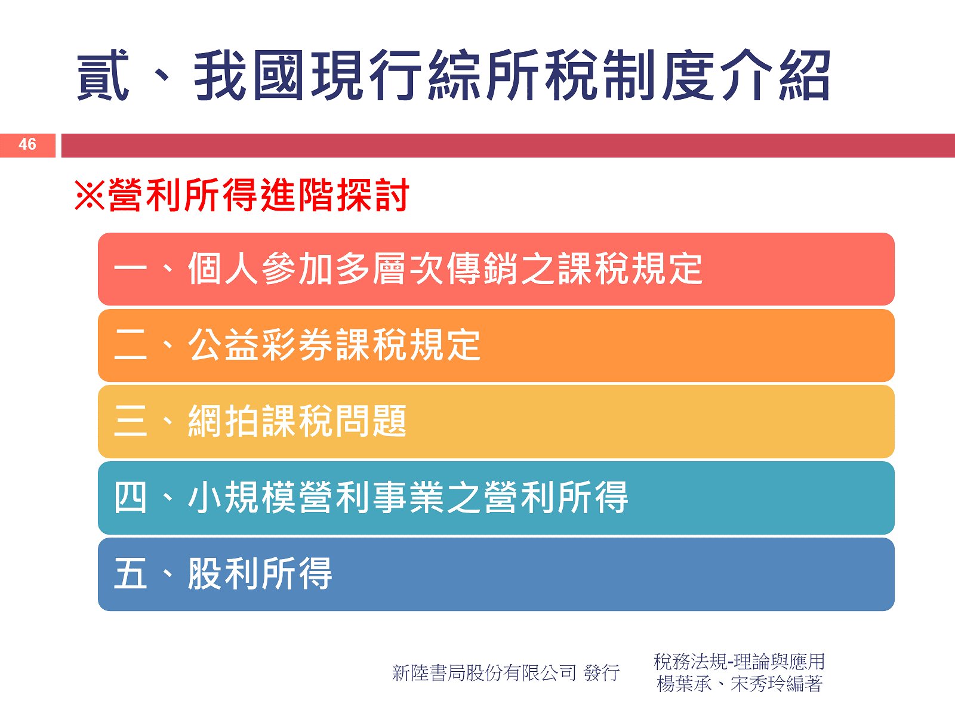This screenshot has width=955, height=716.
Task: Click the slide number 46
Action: click(27, 144)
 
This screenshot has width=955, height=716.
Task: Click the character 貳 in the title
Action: click(103, 75)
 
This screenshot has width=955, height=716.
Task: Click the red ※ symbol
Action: click(90, 195)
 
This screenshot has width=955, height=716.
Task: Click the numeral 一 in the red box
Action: click(130, 268)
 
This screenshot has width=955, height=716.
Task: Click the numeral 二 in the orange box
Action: click(131, 345)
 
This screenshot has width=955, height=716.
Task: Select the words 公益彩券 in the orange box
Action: click(261, 345)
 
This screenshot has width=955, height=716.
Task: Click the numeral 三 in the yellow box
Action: click(131, 421)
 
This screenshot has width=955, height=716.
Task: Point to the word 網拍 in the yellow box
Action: click(224, 421)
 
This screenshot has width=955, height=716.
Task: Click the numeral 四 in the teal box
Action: click(130, 498)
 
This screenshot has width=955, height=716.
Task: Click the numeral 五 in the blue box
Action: click(130, 574)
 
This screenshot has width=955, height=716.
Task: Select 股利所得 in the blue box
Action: click(260, 574)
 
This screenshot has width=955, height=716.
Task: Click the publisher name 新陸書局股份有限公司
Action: click(484, 673)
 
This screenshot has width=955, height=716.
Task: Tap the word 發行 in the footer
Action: click(602, 673)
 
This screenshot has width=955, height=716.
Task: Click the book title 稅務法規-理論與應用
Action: click(739, 662)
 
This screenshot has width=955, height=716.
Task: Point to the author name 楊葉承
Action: click(684, 684)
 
